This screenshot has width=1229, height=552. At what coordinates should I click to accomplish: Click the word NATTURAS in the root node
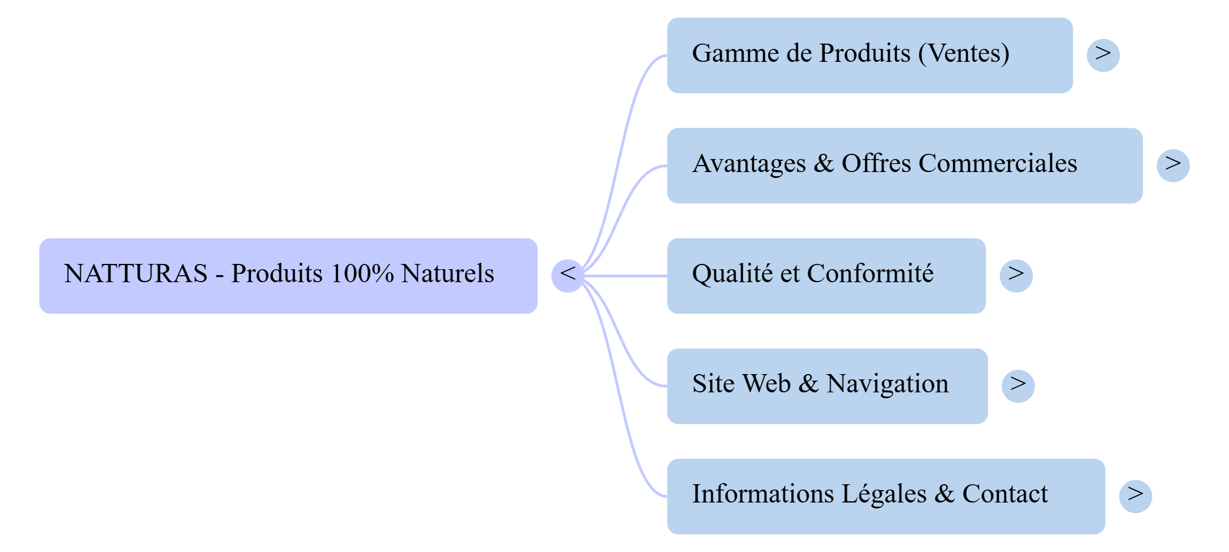point(136,274)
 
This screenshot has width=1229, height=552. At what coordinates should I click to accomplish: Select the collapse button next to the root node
point(567,275)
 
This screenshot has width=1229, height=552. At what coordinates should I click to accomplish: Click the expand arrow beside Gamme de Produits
point(1103,55)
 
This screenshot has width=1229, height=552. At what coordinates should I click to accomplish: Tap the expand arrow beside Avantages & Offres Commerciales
point(1172,165)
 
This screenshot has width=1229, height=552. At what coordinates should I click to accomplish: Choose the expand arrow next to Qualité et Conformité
point(1016,275)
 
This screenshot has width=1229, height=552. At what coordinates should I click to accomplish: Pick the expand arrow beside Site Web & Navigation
point(1017,385)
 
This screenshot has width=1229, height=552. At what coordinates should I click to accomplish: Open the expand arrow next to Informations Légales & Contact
point(1135,495)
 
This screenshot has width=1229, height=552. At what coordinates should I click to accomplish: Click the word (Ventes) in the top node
point(964,54)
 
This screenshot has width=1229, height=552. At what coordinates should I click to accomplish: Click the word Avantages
point(749,164)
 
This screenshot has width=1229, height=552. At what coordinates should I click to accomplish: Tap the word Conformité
point(870,274)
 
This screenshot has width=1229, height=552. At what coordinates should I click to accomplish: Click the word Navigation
point(887,384)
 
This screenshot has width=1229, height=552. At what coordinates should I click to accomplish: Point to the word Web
point(766,384)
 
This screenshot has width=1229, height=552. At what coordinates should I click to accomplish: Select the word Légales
point(884,494)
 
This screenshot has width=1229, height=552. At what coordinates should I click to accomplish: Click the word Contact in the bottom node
point(1005,494)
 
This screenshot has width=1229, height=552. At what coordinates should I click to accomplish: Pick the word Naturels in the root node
point(447,274)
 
